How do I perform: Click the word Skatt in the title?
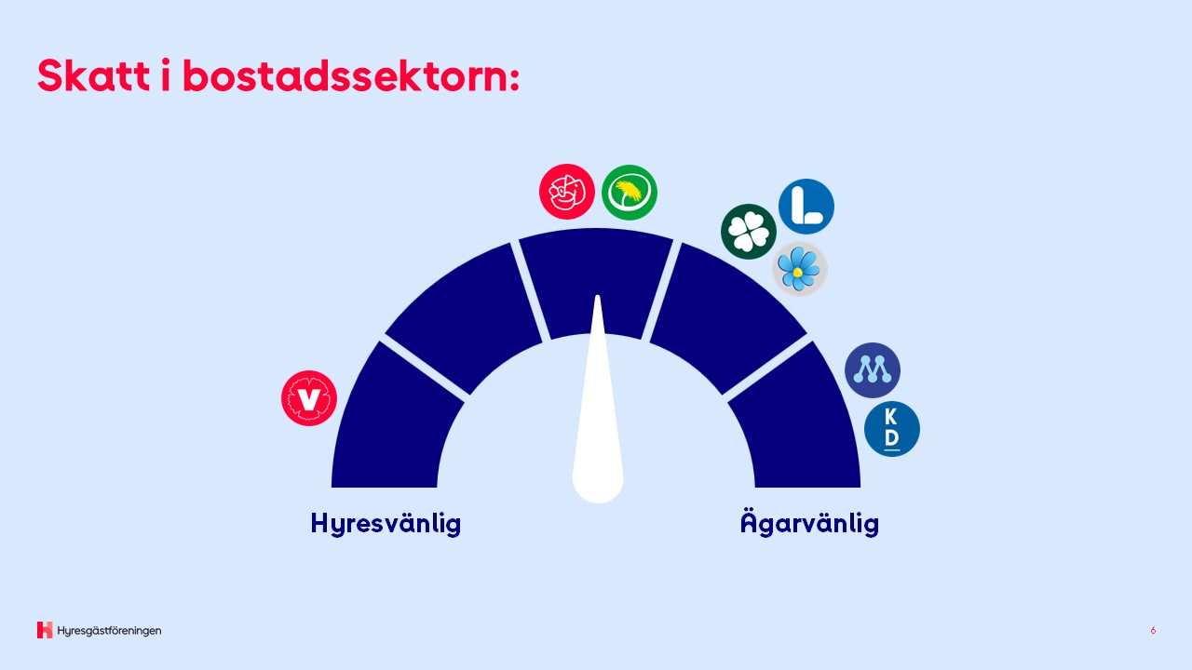94,75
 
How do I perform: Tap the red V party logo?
309,398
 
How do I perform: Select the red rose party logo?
567,192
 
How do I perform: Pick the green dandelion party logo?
630,193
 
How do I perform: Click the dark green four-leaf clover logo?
749,232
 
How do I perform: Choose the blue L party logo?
806,207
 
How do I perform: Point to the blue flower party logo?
800,269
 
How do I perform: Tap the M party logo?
873,370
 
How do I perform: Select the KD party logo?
892,429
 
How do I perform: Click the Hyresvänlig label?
386,524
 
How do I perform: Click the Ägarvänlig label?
809,523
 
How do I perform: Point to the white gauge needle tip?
598,296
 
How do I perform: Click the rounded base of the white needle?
598,484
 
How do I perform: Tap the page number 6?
1153,631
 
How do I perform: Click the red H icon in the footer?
45,630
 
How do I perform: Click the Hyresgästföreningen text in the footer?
109,631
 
